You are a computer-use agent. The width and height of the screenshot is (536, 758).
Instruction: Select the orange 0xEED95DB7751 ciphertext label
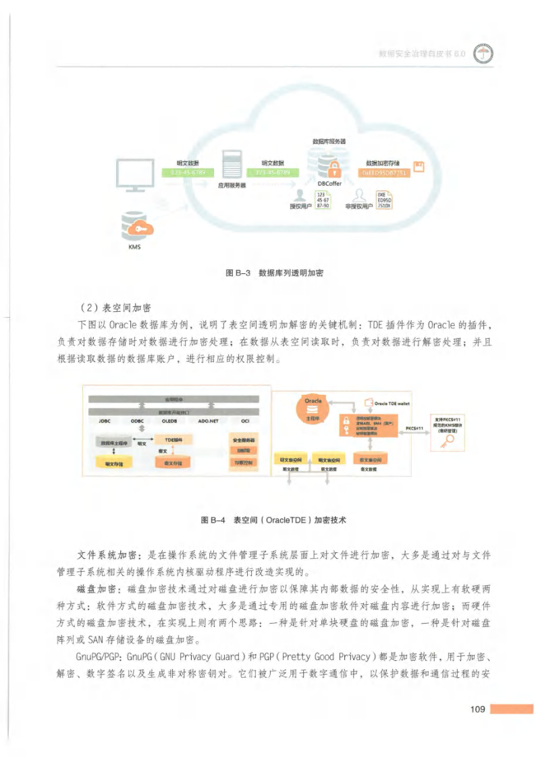(385, 172)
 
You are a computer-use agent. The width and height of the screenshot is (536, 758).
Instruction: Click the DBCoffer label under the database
(329, 183)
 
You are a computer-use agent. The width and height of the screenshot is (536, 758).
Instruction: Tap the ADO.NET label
(209, 421)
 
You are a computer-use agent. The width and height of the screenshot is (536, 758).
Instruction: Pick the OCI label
(244, 421)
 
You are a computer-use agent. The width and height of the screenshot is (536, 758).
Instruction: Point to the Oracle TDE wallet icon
(368, 404)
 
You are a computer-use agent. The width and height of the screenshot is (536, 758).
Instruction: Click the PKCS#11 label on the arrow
(414, 428)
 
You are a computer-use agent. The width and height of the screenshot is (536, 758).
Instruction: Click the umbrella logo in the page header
(483, 56)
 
